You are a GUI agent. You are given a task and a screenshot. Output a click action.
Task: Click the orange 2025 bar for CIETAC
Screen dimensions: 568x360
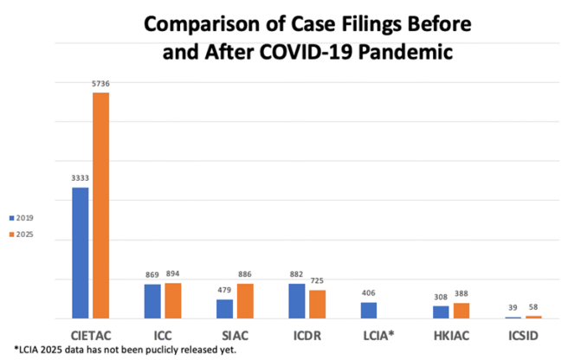pos(100,205)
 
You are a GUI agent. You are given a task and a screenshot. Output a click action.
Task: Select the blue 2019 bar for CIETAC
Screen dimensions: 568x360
pos(80,253)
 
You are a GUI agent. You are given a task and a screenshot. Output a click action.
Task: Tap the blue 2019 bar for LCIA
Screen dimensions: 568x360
pos(369,311)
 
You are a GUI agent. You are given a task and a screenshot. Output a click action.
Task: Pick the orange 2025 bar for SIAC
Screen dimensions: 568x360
pos(245,301)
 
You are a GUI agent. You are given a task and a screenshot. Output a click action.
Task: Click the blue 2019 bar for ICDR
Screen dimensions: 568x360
pos(297,301)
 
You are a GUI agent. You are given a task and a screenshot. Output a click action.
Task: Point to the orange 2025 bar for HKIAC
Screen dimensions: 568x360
pos(461,311)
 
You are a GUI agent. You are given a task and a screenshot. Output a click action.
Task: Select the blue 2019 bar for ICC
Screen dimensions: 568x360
pos(152,301)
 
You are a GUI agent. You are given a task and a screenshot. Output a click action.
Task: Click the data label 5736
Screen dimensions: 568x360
pos(100,84)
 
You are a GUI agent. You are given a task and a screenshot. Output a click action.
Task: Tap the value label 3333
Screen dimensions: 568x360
pos(80,178)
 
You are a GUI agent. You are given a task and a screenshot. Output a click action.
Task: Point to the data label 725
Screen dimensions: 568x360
pos(317,280)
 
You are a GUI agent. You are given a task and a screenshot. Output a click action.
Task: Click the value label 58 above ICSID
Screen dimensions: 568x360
pos(533,307)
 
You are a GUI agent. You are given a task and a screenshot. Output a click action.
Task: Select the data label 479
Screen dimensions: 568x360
pos(224,290)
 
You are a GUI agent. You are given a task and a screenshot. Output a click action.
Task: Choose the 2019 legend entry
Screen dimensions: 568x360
pos(22,218)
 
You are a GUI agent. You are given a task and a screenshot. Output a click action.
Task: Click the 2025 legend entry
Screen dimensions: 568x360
pos(22,235)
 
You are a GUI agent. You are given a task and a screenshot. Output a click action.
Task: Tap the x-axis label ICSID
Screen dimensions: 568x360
pos(523,336)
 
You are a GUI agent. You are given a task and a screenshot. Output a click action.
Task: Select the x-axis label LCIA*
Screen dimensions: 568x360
pos(378,336)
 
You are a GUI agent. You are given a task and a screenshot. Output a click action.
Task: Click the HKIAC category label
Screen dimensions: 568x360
pos(451,336)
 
